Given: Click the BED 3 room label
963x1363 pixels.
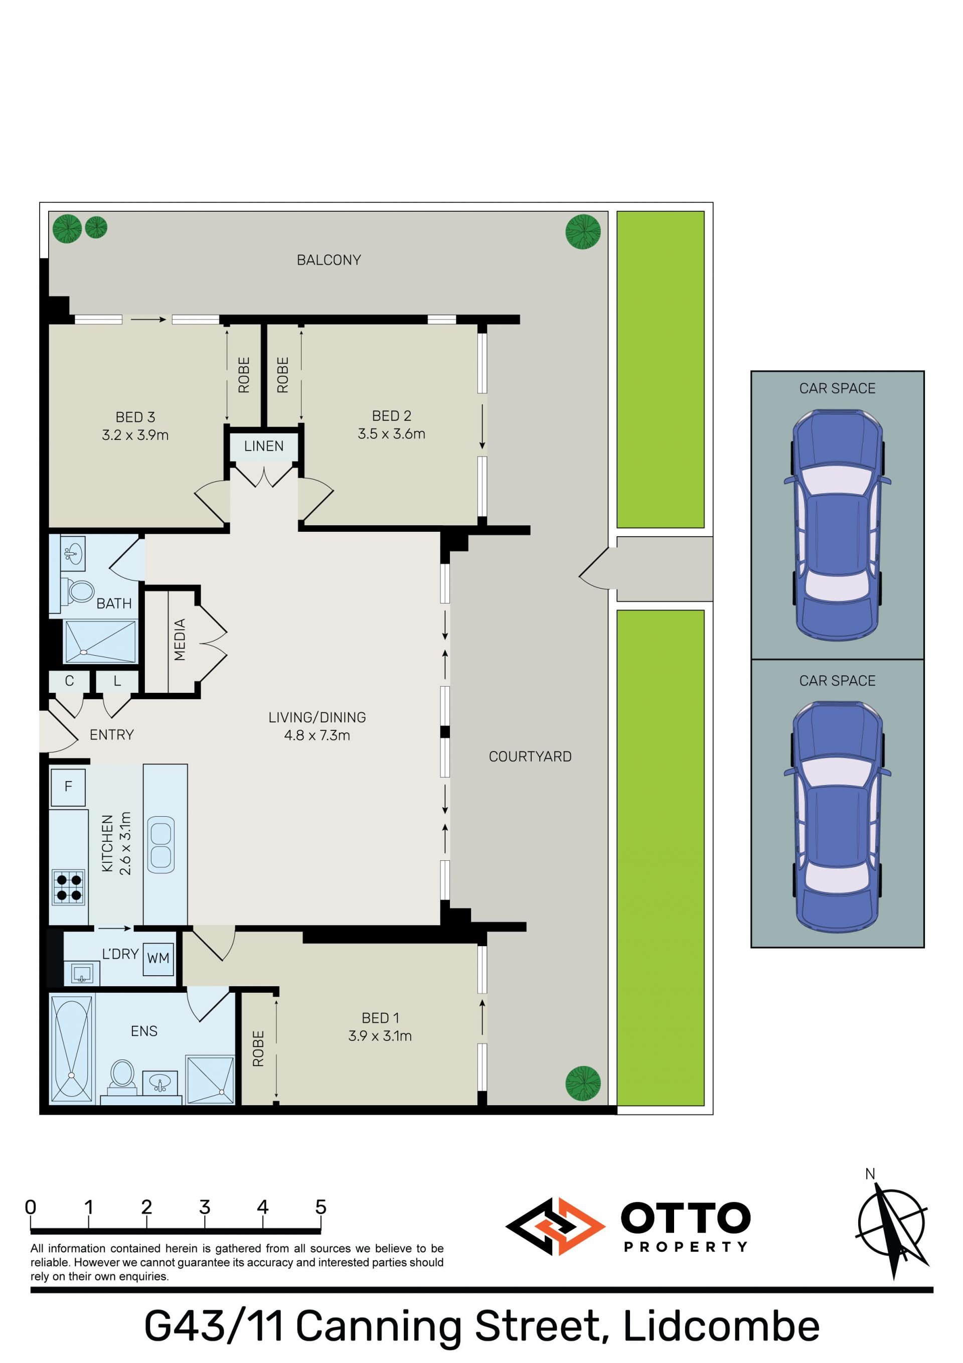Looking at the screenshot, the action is [x=135, y=417].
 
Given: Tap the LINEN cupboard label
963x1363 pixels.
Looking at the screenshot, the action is [x=264, y=446].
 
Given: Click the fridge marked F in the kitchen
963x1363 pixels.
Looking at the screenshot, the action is [x=68, y=787].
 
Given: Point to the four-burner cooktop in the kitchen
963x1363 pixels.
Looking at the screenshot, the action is [x=68, y=887].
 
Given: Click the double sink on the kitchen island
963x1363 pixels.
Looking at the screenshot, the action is [x=161, y=845].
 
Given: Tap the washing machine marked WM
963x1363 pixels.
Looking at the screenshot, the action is [x=158, y=958].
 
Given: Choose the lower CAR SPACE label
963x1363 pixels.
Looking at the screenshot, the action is [x=837, y=680].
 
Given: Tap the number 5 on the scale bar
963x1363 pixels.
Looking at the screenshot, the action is [x=320, y=1207].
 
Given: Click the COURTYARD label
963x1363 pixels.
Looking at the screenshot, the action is [x=530, y=756].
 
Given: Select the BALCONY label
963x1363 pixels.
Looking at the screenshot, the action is [x=329, y=260].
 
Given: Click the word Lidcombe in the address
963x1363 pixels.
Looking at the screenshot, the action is [x=721, y=1327].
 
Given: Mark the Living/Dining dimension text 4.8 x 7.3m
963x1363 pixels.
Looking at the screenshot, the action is [x=317, y=735].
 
